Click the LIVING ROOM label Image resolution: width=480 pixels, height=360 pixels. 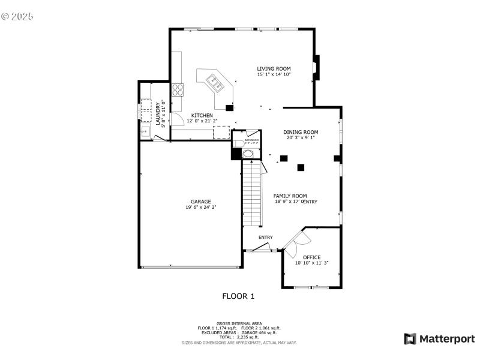point(274,68)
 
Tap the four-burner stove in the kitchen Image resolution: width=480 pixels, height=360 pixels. point(178,90)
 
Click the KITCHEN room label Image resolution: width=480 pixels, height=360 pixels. point(202,115)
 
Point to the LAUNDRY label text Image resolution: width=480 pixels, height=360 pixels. point(159,114)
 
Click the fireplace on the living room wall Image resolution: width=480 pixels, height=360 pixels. point(317,67)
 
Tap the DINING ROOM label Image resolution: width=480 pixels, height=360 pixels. point(301,132)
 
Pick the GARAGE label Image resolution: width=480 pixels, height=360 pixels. point(201,202)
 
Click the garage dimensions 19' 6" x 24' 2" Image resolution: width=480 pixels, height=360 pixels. point(201,208)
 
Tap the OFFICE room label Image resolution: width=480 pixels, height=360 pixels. point(311,257)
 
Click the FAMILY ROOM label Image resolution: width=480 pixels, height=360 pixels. point(290,196)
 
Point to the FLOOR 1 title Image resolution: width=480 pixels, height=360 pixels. point(239,296)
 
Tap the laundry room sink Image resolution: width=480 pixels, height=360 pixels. point(145,130)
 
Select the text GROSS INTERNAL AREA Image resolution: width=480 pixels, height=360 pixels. point(239,323)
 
